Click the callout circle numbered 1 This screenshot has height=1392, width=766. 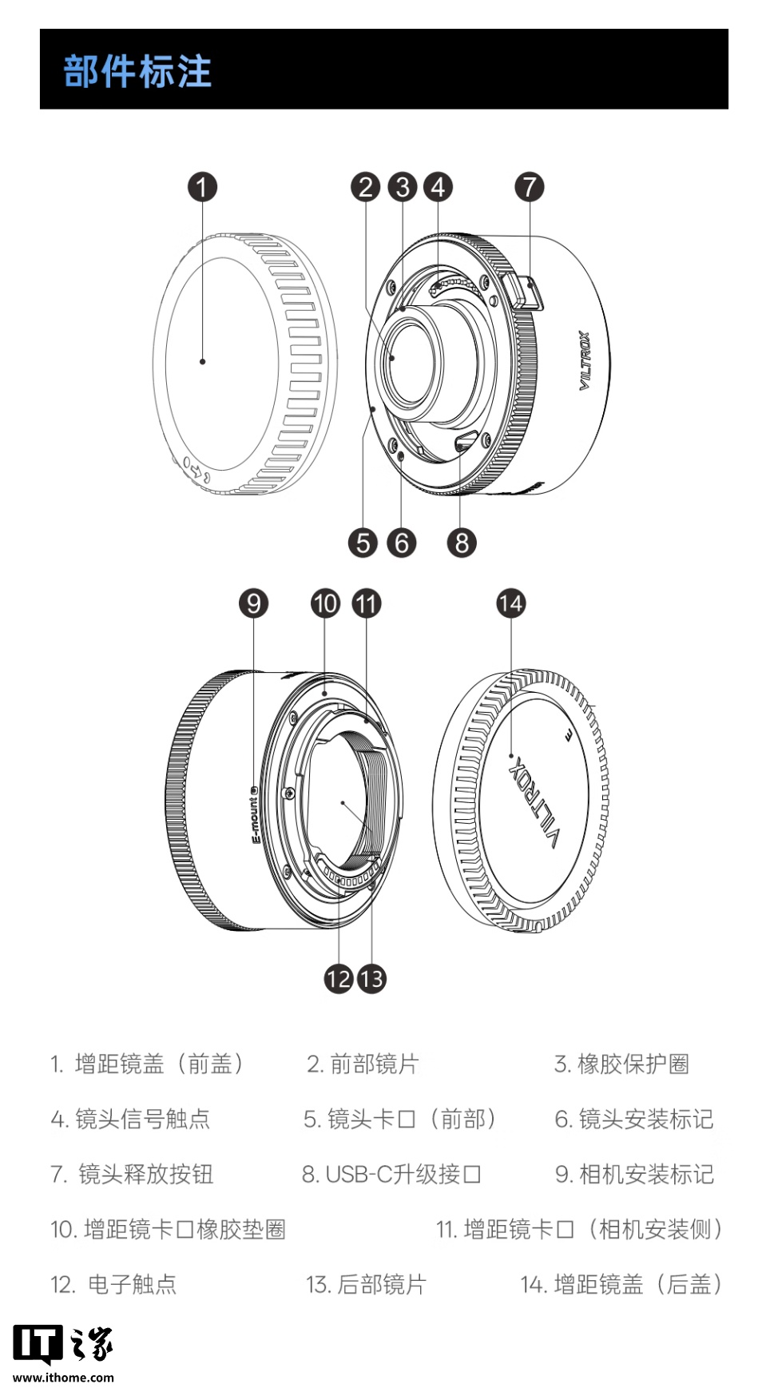[x=202, y=187]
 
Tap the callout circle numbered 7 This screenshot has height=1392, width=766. [x=529, y=187]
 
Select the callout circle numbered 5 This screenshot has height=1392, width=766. [x=363, y=543]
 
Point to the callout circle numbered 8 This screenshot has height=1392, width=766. [x=462, y=543]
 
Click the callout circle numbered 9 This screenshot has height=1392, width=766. [x=253, y=603]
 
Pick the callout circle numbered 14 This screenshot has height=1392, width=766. [x=511, y=603]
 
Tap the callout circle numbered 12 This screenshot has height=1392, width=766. [x=339, y=978]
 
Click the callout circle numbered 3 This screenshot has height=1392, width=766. [x=403, y=187]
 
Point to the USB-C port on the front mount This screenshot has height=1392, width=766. [x=466, y=442]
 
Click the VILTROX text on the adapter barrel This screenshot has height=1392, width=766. [x=585, y=361]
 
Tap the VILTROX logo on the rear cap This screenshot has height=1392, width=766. [x=533, y=800]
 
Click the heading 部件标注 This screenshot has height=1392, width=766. [x=137, y=71]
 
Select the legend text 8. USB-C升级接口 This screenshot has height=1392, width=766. [x=391, y=1174]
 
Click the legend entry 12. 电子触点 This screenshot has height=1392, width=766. [x=113, y=1284]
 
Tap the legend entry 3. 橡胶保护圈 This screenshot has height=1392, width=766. [x=621, y=1064]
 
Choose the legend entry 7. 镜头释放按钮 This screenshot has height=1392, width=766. [x=133, y=1174]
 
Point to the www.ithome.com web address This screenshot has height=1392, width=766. [x=64, y=1377]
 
